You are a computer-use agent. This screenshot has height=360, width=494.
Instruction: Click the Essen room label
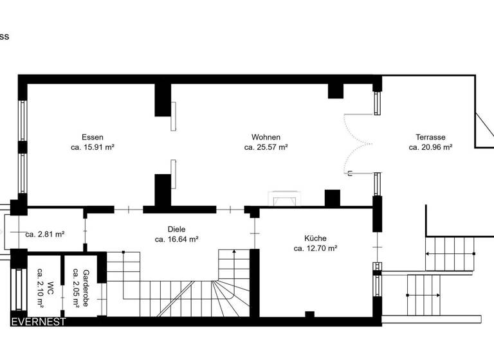tap(93, 137)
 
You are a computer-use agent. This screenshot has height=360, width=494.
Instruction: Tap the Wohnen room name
tap(266, 137)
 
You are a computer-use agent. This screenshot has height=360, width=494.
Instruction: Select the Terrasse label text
tap(430, 137)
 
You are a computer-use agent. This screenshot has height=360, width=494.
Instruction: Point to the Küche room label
tap(315, 238)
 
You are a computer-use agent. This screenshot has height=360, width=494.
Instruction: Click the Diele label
tap(176, 229)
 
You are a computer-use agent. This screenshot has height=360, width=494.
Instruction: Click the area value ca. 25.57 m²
tap(266, 147)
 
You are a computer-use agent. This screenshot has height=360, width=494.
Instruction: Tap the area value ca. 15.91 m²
tap(93, 147)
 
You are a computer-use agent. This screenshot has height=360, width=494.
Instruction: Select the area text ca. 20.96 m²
tap(430, 147)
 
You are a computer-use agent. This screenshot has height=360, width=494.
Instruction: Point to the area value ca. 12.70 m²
tap(315, 248)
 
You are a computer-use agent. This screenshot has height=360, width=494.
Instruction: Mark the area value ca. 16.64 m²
tap(176, 239)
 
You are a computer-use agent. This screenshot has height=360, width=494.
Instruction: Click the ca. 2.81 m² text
tap(44, 235)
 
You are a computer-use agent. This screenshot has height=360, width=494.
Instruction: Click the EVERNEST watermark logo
tap(38, 322)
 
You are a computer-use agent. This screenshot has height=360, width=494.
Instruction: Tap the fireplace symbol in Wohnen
tap(283, 199)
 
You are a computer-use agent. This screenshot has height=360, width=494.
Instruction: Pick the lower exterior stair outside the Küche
tap(425, 294)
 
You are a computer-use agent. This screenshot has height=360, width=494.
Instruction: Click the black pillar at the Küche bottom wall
tap(309, 314)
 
